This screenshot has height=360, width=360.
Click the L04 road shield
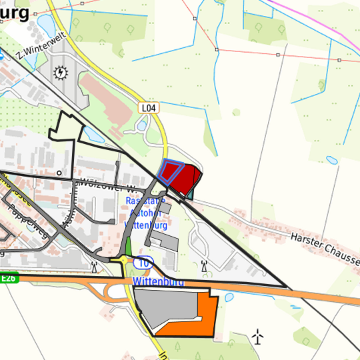click(149, 107)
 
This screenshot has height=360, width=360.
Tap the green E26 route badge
click(7, 278)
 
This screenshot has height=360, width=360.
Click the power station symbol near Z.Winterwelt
click(61, 71)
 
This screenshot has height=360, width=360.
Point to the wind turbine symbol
click(259, 337)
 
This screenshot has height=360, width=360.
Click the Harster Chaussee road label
click(324, 246)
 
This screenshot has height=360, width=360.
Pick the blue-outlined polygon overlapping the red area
click(170, 171)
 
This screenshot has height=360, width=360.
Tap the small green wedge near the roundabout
click(127, 255)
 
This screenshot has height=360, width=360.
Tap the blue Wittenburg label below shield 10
click(157, 282)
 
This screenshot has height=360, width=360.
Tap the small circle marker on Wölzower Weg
click(59, 173)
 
